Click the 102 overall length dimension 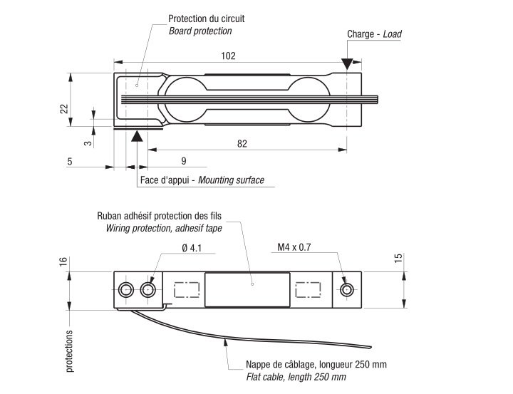[x=229, y=56]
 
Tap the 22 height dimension [x=63, y=108]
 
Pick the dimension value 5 [x=70, y=161]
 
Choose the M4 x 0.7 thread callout [x=296, y=248]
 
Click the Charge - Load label [x=374, y=33]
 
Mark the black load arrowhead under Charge [x=346, y=66]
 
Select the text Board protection [x=200, y=31]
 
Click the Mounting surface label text [x=231, y=181]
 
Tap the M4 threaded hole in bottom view [x=347, y=289]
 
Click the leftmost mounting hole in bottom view [x=127, y=289]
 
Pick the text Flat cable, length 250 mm [x=296, y=376]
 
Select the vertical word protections [x=70, y=351]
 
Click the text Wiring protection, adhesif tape [x=164, y=229]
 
